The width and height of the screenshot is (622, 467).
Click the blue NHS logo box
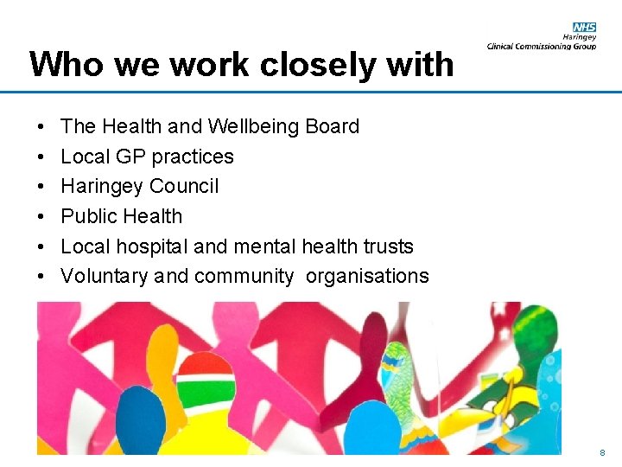point(584,28)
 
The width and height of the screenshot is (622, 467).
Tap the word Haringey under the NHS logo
point(581,37)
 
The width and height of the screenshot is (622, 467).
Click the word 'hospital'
point(153,246)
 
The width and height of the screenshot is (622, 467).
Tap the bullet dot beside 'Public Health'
point(42,216)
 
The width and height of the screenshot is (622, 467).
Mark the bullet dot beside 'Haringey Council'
point(42,187)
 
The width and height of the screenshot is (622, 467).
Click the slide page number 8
point(602,453)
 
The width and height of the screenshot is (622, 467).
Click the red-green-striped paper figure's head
point(206,376)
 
